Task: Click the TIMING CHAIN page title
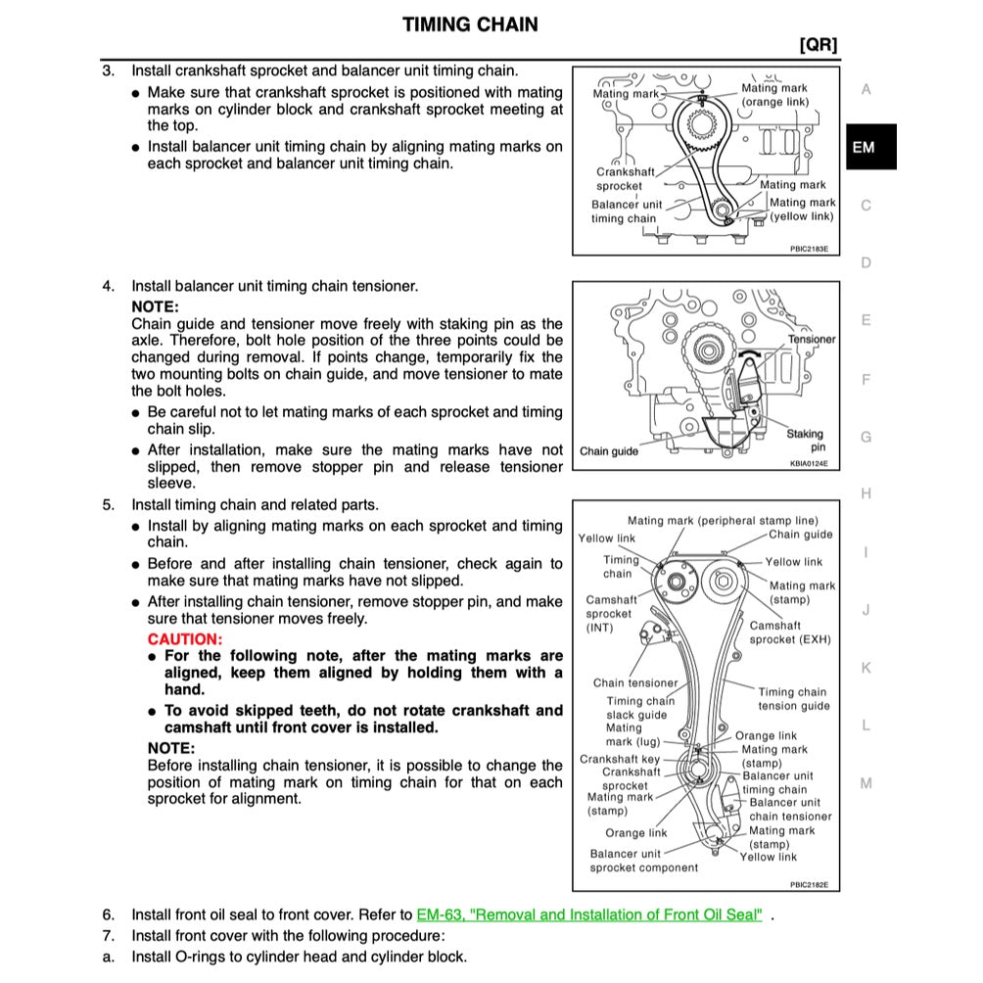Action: pyautogui.click(x=470, y=24)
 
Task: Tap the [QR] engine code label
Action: pyautogui.click(x=818, y=45)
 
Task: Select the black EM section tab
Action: pyautogui.click(x=864, y=148)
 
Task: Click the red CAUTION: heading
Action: pyautogui.click(x=185, y=638)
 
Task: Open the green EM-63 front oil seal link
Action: pyautogui.click(x=589, y=914)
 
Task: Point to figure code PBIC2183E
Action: pyautogui.click(x=809, y=249)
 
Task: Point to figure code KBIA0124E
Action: pyautogui.click(x=809, y=462)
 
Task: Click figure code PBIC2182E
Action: pyautogui.click(x=809, y=884)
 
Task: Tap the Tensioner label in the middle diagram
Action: pyautogui.click(x=812, y=339)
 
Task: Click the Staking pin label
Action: pyautogui.click(x=806, y=440)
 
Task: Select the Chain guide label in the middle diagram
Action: pyautogui.click(x=609, y=451)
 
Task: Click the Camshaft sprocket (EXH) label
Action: pyautogui.click(x=789, y=632)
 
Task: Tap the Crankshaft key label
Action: pyautogui.click(x=620, y=759)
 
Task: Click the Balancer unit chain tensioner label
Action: pyautogui.click(x=788, y=809)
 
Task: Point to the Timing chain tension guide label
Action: pyautogui.click(x=793, y=699)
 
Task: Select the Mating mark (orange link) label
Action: pyautogui.click(x=775, y=95)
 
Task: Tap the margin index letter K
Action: pyautogui.click(x=865, y=668)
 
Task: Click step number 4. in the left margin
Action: pyautogui.click(x=109, y=286)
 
